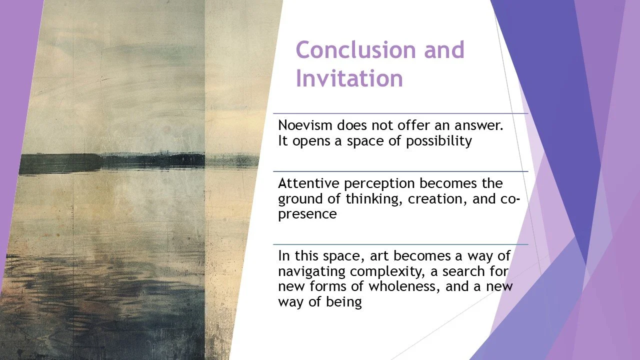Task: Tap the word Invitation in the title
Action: click(x=349, y=79)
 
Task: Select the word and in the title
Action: click(x=444, y=50)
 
